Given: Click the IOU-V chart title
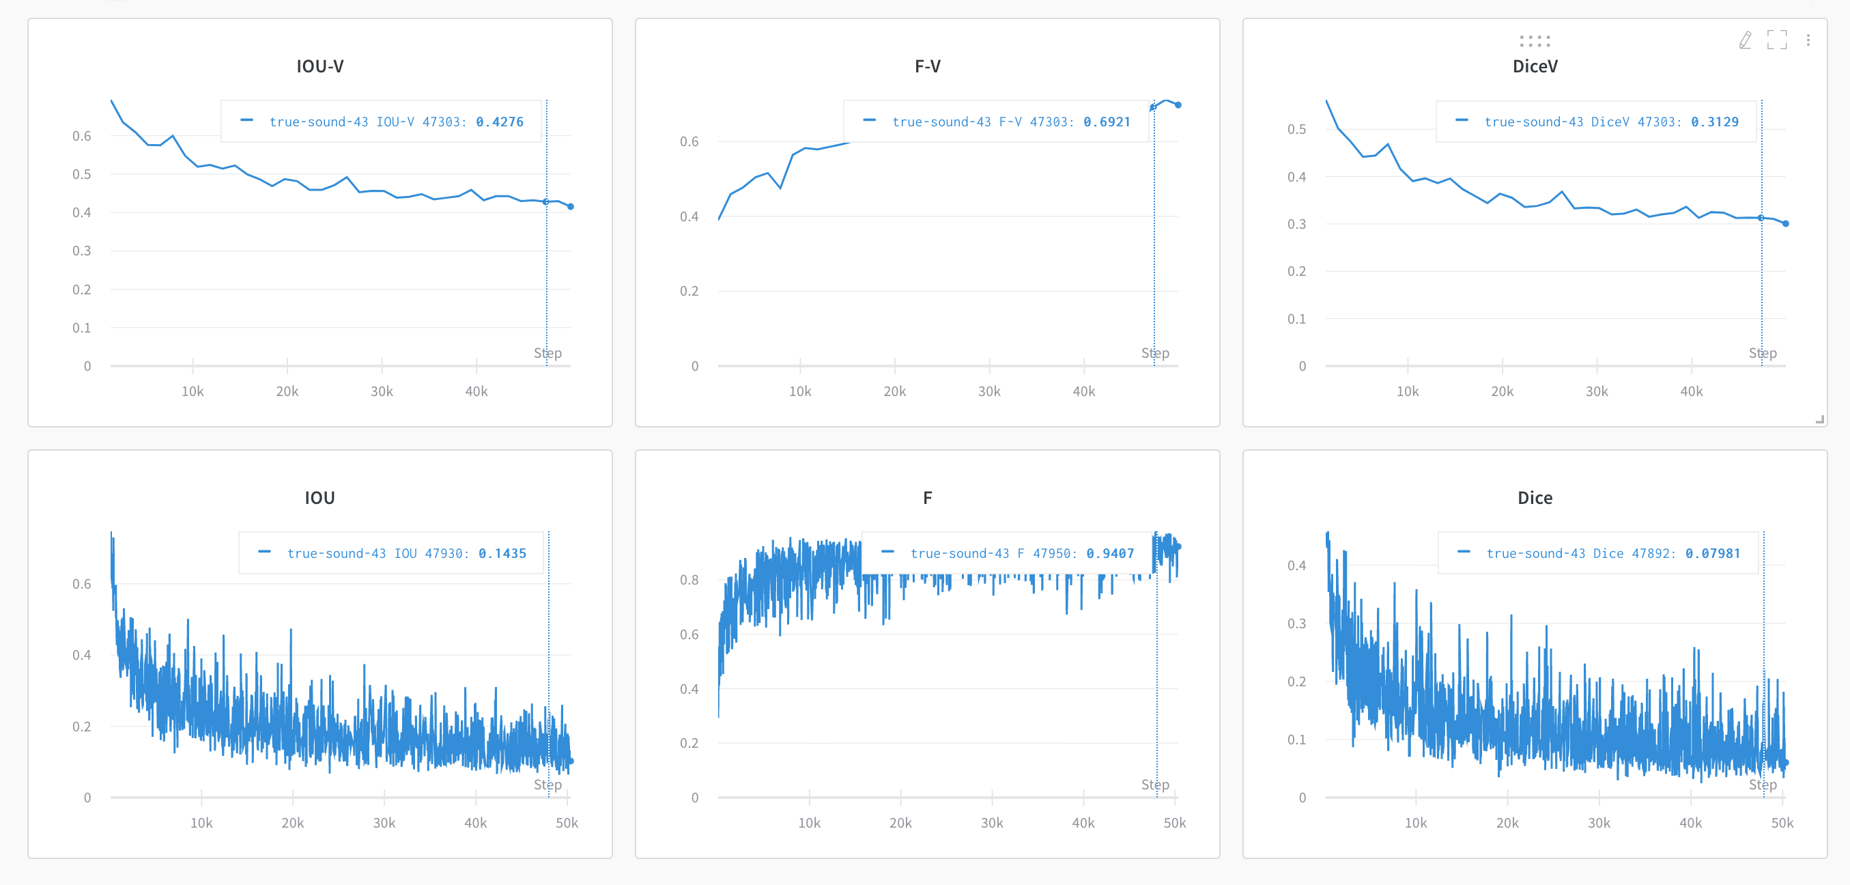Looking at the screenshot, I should pos(319,66).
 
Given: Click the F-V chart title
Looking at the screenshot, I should pos(927,66).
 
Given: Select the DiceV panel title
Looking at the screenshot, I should pos(1535,66).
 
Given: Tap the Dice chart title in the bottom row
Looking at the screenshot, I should pos(1535,498).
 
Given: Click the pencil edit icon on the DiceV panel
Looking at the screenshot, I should pos(1745,40).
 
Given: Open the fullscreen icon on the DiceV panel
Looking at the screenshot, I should pos(1777,40).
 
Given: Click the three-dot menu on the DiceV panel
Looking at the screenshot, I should pos(1808,40).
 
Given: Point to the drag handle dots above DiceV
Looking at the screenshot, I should pos(1535,40).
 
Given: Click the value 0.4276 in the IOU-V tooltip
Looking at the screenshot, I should pos(499,122).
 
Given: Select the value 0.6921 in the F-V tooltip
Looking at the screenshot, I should pos(1107,122).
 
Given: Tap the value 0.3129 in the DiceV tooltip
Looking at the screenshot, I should pos(1714,122).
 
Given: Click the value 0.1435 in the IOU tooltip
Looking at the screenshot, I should pos(502,554).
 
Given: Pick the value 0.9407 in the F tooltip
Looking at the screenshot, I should pos(1109,554).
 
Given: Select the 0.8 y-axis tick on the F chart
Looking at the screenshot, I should pos(689,580).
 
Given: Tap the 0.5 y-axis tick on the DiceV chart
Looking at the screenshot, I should pos(1296,129).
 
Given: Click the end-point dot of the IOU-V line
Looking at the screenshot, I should pos(571,207).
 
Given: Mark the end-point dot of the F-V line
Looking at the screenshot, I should pos(1178,105).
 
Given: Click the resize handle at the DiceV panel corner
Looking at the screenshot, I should pos(1820,419).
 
